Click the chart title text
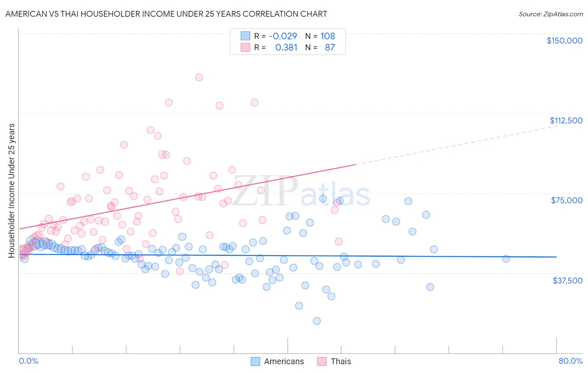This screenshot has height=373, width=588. point(166,14)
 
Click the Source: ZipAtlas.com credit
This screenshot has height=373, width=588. point(550,14)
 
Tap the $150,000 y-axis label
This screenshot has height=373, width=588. point(564,41)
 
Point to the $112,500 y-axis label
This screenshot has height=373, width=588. point(565,120)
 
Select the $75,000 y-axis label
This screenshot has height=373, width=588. point(566,200)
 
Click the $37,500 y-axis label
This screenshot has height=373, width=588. point(567,281)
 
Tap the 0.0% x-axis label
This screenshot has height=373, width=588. point(28,361)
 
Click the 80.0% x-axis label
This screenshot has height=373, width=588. point(570,361)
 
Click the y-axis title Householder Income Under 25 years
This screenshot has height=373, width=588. point(12,190)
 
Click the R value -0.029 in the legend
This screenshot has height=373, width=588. point(283,36)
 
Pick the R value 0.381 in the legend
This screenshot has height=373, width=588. point(286,47)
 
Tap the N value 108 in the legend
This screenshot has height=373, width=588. point(327,36)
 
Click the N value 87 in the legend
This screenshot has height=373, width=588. point(330,47)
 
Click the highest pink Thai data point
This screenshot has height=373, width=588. point(199,77)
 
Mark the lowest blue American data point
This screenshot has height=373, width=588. point(317,321)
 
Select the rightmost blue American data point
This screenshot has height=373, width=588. point(506,258)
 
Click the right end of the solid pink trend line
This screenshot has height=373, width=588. point(355,165)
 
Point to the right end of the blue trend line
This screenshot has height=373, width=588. point(556,257)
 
